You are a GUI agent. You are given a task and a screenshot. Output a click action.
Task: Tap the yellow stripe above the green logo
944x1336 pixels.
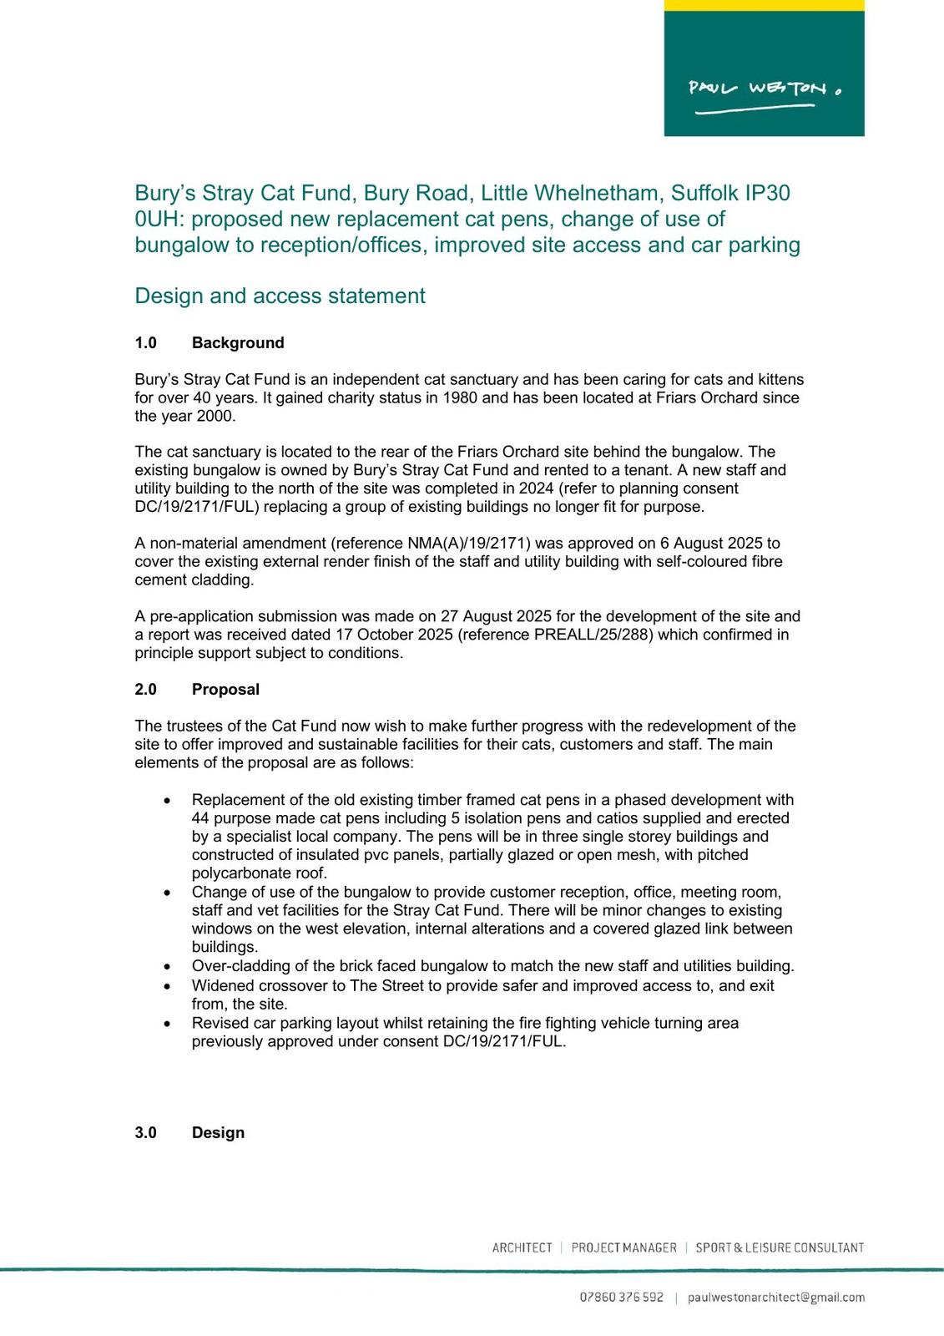pos(764,5)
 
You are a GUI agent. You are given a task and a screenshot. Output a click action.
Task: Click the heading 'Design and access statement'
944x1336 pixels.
pos(280,296)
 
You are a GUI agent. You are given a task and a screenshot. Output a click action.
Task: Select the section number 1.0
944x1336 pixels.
pos(146,342)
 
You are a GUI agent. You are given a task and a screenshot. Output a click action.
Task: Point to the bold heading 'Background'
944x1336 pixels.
pos(238,342)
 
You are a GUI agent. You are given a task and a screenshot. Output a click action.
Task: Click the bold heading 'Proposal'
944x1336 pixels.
pos(225,689)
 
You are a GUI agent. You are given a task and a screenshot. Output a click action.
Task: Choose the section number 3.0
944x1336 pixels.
pos(146,1132)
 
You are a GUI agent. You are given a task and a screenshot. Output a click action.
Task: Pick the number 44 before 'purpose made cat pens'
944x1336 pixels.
pos(200,818)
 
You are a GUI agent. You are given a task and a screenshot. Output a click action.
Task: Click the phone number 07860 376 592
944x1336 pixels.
pos(622,1297)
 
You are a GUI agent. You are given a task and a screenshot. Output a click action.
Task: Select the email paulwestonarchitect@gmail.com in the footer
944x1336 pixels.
pos(775,1297)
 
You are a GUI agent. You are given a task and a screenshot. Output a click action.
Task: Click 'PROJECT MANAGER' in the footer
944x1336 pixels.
pos(623,1247)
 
